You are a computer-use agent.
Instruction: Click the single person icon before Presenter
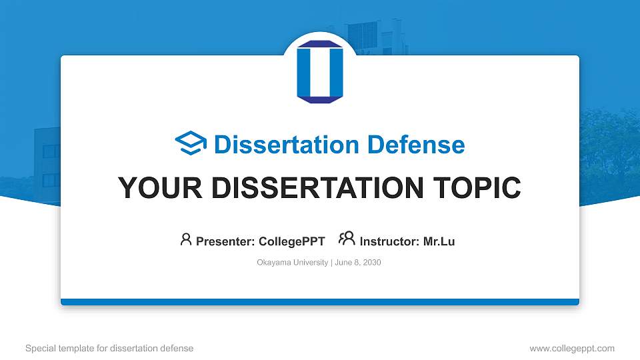186,240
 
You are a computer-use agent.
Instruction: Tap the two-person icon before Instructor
347,239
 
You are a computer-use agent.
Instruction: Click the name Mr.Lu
439,241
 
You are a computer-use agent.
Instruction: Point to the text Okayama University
292,263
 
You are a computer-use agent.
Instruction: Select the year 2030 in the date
372,263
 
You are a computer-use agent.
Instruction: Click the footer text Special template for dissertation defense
109,349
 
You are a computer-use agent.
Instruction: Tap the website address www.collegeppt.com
572,349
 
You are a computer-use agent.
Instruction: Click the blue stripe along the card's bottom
319,302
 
